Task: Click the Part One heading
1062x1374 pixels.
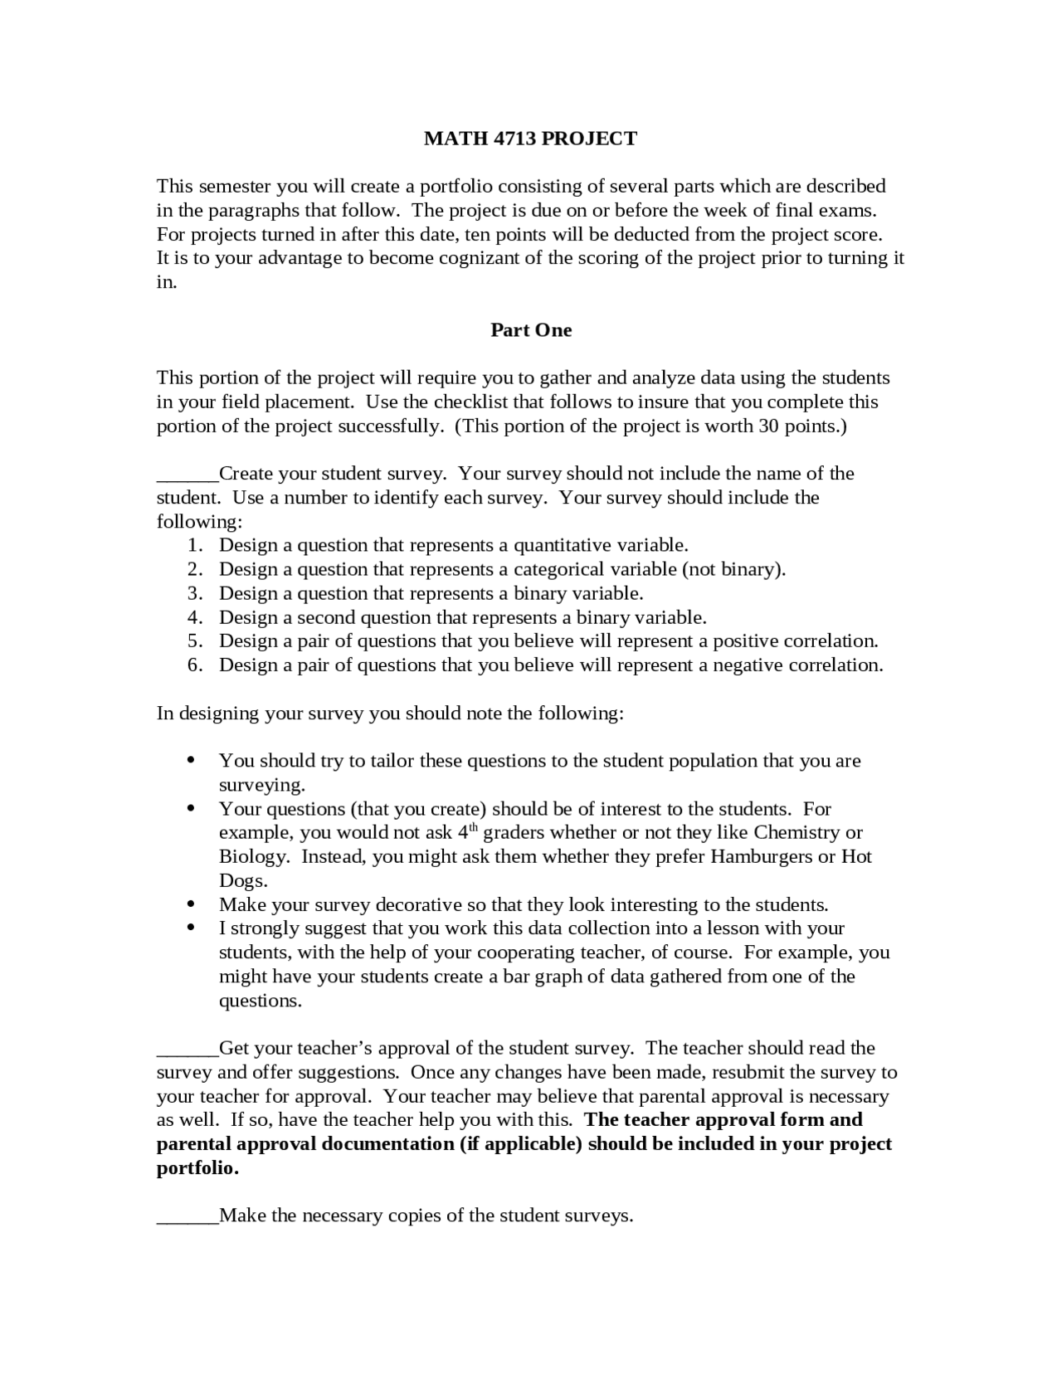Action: point(531,330)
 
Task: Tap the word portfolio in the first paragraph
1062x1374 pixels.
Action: point(454,186)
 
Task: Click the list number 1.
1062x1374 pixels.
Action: point(194,546)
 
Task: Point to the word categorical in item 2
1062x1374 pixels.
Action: point(559,570)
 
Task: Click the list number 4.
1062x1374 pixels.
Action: point(194,618)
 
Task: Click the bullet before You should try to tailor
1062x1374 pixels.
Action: point(192,760)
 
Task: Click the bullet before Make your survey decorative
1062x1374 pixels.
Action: point(192,904)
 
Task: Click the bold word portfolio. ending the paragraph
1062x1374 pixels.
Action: point(197,1168)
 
